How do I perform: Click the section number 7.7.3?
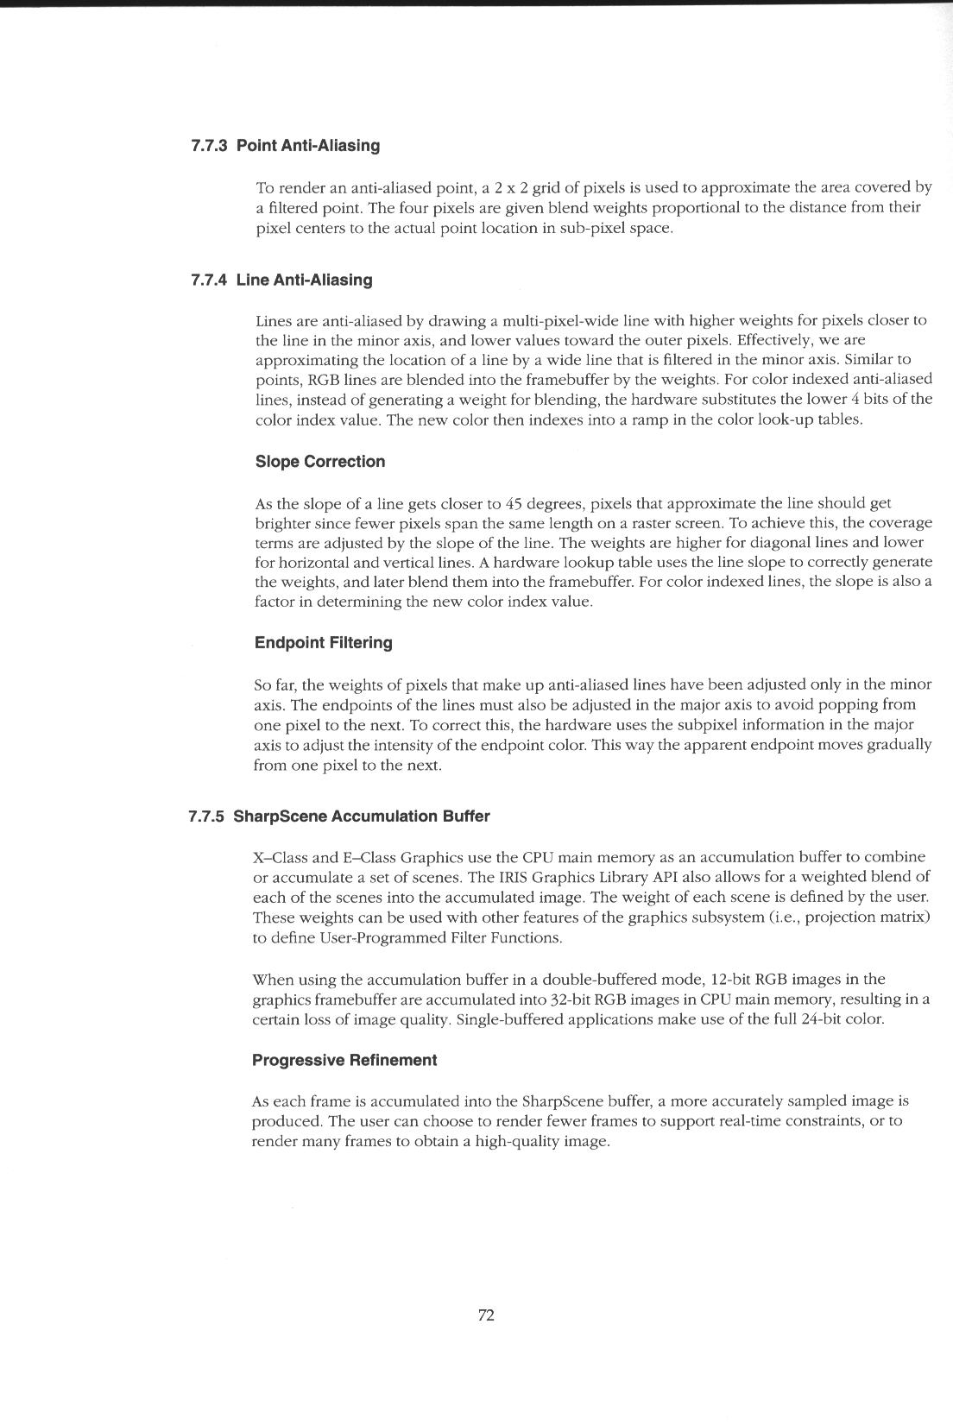[208, 145]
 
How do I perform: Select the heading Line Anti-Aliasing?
[304, 280]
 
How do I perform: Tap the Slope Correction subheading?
[320, 462]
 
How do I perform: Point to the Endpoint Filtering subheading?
[324, 643]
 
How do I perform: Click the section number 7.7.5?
[206, 817]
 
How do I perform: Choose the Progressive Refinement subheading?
[344, 1060]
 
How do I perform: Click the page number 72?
[486, 1315]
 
